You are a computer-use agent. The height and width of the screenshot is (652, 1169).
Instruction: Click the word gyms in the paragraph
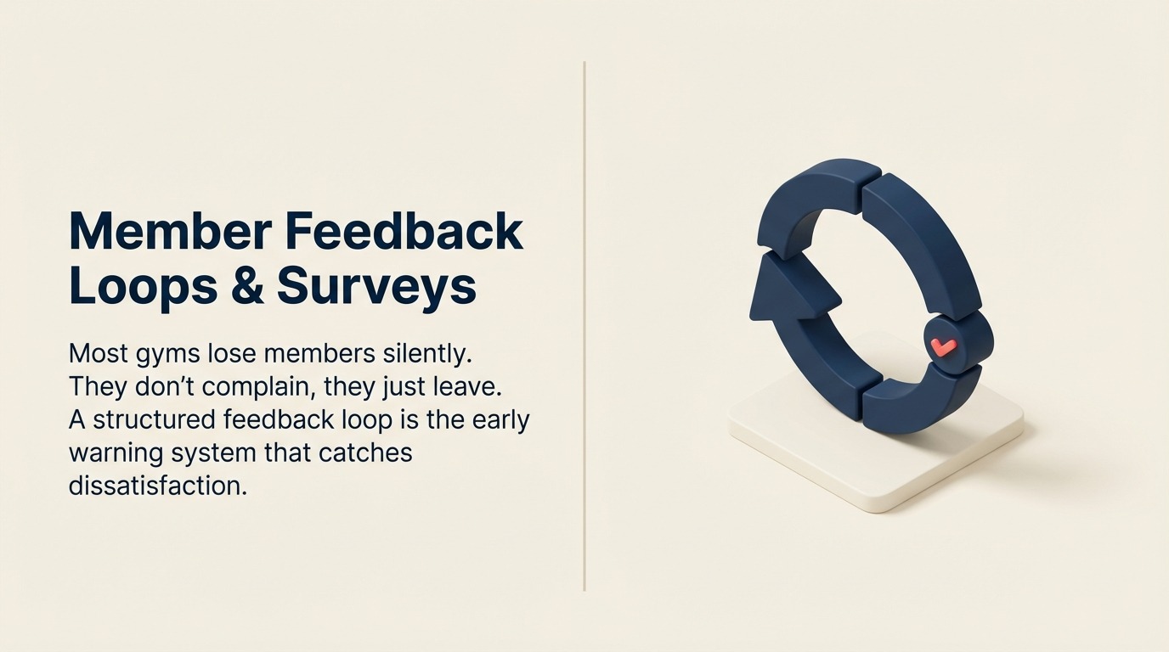click(165, 354)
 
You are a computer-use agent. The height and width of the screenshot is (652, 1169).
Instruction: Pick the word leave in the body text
click(468, 386)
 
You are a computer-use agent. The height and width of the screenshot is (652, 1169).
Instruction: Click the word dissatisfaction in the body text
click(157, 486)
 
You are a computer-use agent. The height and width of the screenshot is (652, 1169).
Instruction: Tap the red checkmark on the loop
click(943, 346)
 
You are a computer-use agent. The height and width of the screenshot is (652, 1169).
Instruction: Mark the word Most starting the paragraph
click(97, 352)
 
